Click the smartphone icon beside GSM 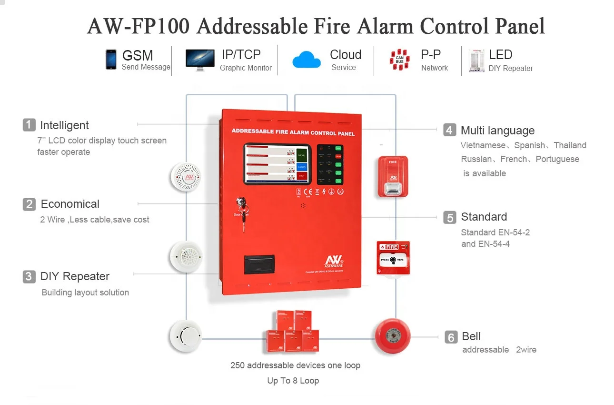[111, 60]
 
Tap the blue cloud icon [307, 60]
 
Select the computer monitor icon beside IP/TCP [199, 60]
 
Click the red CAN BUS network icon [400, 60]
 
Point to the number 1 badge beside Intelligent [29, 125]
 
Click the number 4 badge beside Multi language [449, 130]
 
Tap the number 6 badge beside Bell [451, 337]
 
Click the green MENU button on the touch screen [301, 155]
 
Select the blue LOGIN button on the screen [301, 166]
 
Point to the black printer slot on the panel [259, 264]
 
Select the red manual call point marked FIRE [393, 257]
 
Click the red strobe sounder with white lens [393, 176]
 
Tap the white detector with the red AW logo [187, 177]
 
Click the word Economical [70, 204]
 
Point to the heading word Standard [484, 217]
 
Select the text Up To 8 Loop [293, 381]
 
